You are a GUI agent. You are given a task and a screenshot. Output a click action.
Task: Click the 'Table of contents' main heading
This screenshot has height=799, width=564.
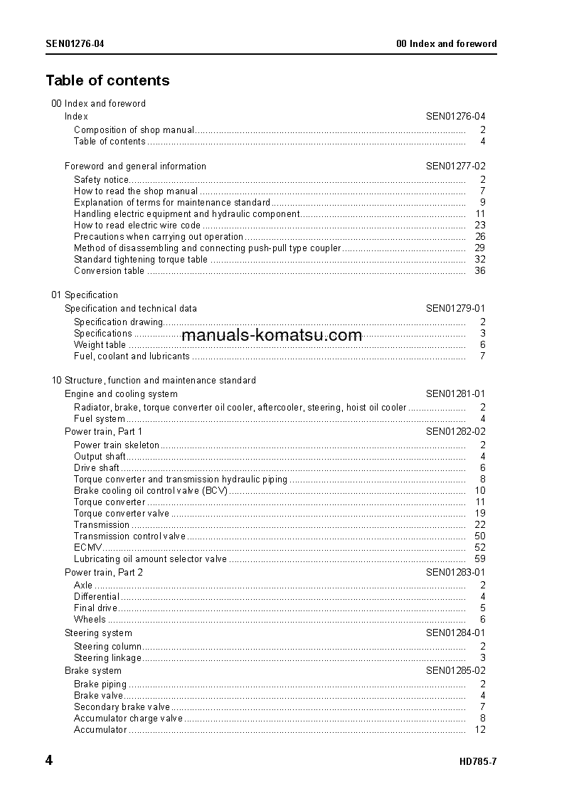click(x=107, y=80)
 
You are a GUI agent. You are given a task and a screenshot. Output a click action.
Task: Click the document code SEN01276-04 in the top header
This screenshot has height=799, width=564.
click(x=75, y=43)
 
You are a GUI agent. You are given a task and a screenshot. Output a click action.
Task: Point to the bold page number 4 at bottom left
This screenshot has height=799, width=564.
click(x=49, y=761)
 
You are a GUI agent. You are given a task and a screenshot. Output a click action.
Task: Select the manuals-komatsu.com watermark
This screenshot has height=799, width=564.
click(x=272, y=335)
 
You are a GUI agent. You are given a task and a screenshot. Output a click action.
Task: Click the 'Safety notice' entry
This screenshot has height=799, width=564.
click(x=101, y=180)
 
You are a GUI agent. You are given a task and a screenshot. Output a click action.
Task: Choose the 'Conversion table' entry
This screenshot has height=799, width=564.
click(x=109, y=271)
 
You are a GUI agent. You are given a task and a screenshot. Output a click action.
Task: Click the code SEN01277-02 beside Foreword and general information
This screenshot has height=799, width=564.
click(x=456, y=166)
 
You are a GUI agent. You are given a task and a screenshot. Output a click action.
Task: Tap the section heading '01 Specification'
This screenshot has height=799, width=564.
click(x=85, y=295)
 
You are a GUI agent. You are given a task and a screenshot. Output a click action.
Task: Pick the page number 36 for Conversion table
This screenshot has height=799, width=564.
click(x=479, y=271)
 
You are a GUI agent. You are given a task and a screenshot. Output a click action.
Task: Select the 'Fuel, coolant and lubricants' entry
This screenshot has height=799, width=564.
click(x=132, y=356)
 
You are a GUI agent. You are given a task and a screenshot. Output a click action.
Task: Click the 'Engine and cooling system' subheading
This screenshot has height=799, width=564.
click(x=121, y=394)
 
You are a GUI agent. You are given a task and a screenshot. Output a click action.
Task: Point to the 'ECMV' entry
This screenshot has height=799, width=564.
click(x=87, y=548)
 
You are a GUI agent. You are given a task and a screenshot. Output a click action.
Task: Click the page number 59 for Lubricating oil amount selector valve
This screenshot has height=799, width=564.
click(x=479, y=559)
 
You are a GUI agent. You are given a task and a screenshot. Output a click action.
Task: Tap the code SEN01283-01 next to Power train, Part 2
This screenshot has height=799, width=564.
click(x=456, y=573)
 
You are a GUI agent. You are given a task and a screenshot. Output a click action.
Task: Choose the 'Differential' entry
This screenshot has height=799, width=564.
click(x=97, y=597)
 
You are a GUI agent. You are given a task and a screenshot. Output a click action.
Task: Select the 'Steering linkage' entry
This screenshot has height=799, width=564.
click(x=107, y=658)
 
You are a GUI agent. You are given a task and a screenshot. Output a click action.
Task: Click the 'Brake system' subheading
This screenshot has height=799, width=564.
click(x=93, y=671)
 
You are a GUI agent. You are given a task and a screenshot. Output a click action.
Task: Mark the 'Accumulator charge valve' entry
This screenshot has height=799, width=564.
click(x=128, y=719)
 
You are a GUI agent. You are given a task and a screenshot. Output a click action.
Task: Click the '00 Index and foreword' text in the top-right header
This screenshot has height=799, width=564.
click(x=446, y=43)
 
